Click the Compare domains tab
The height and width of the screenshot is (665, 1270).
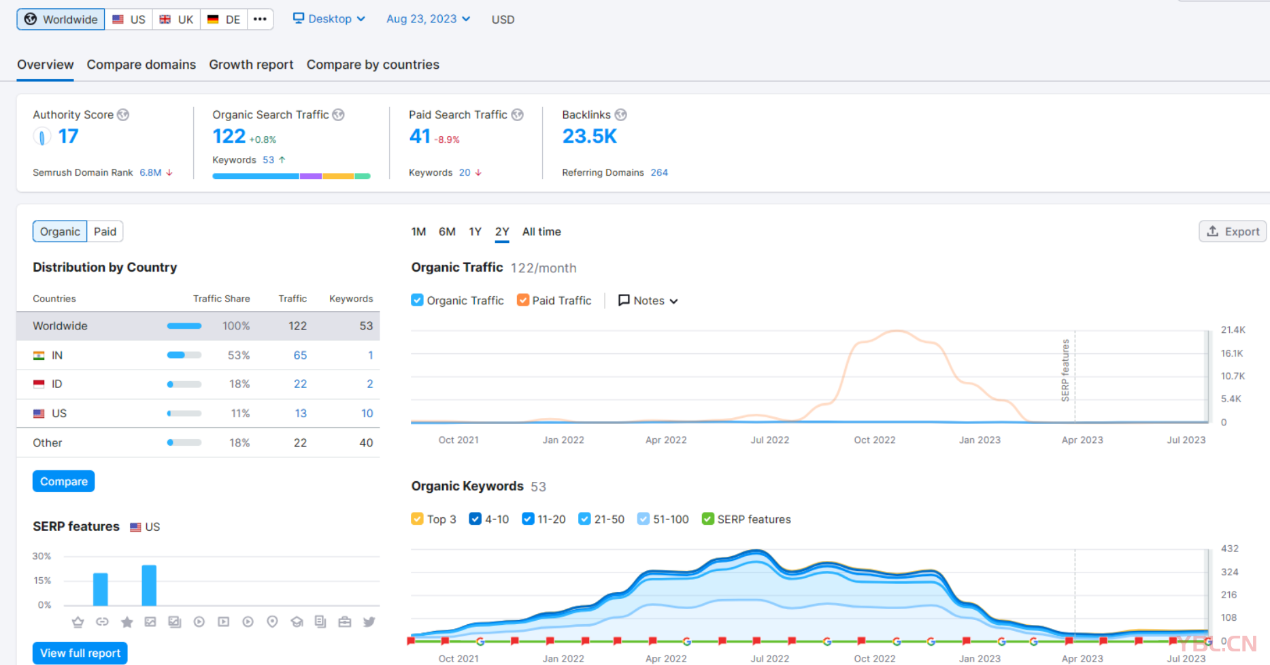point(141,65)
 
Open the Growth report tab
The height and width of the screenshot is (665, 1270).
point(251,65)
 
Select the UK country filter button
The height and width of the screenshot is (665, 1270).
point(177,19)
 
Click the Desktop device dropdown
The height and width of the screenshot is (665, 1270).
point(329,19)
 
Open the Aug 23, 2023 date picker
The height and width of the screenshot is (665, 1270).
point(428,19)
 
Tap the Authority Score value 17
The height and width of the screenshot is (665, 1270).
point(68,136)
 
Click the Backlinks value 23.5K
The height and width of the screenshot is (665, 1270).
point(589,137)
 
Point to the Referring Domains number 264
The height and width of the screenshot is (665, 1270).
point(659,173)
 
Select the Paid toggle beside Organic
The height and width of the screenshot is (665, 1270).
point(105,231)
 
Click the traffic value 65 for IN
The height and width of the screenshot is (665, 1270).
point(300,355)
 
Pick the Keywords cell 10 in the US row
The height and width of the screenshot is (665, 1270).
point(367,413)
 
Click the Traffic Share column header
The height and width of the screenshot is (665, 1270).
point(221,299)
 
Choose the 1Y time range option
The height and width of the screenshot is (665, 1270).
point(475,231)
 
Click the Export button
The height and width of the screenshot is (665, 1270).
point(1233,231)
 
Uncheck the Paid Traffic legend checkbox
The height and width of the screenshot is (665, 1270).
point(523,300)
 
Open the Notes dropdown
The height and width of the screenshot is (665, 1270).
point(648,301)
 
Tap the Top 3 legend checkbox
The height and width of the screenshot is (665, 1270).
point(418,519)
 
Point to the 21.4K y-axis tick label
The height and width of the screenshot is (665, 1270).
point(1233,330)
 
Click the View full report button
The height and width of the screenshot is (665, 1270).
point(80,653)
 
